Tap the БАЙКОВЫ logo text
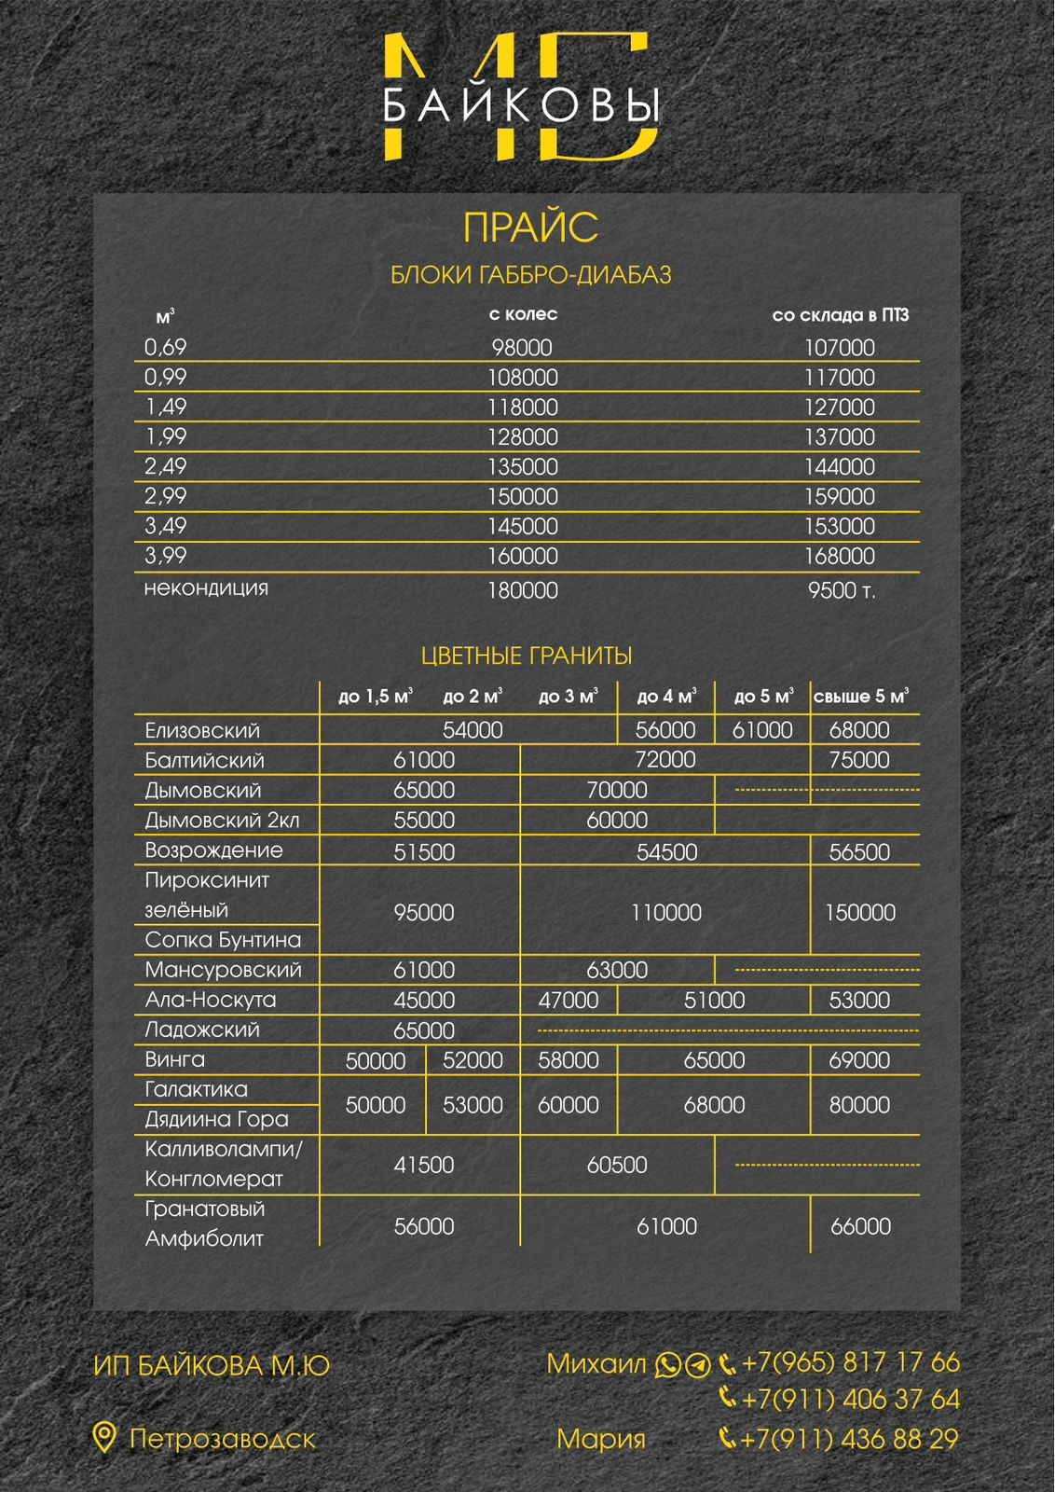click(x=522, y=105)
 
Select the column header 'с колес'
click(x=523, y=314)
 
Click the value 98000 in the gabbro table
click(x=522, y=348)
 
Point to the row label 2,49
click(x=166, y=466)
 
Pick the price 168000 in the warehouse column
click(x=839, y=556)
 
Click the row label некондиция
click(x=206, y=588)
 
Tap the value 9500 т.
click(x=841, y=590)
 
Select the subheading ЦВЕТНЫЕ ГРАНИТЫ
click(x=527, y=656)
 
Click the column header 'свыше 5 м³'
click(x=860, y=697)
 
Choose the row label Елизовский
click(x=202, y=730)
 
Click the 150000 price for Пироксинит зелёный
click(x=859, y=912)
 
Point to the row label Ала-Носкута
click(x=211, y=1000)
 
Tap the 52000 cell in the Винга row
click(x=473, y=1060)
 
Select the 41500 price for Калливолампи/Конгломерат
click(x=424, y=1165)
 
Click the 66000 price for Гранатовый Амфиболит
click(x=860, y=1226)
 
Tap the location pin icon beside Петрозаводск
click(x=104, y=1438)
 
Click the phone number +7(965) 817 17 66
click(x=850, y=1363)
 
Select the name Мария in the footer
click(x=601, y=1439)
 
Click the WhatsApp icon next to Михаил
click(x=668, y=1365)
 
